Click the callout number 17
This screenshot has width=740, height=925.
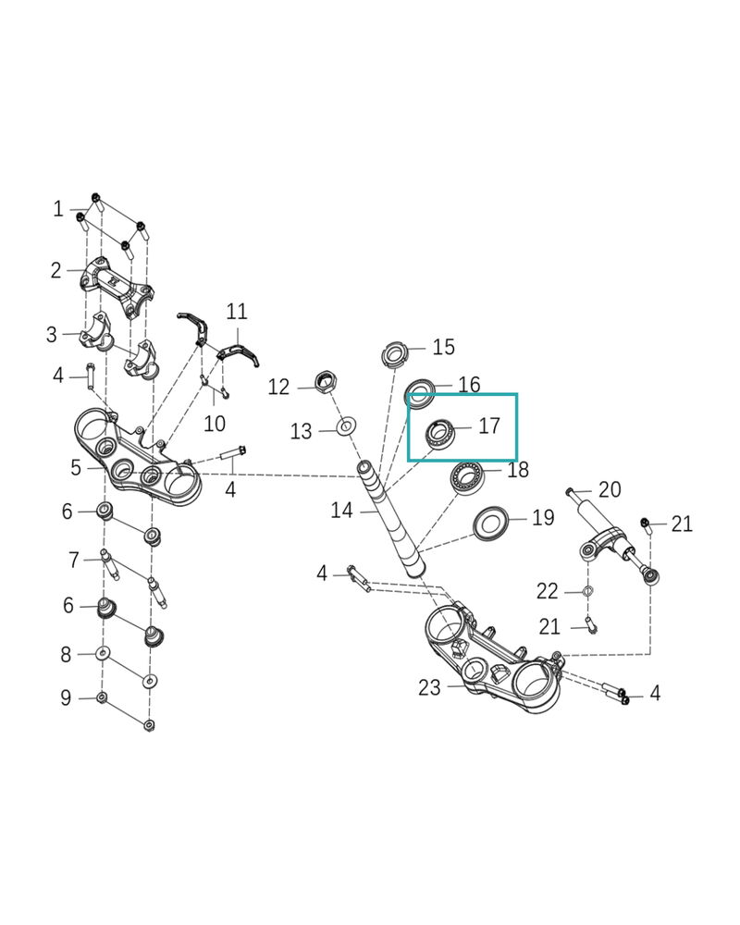pos(489,425)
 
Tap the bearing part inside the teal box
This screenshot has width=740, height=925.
pos(440,434)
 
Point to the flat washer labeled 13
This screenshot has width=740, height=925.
pos(346,425)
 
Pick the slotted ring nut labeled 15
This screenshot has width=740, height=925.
pos(394,353)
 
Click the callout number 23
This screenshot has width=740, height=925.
pos(429,687)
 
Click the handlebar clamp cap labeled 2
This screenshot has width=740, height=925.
pos(117,289)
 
